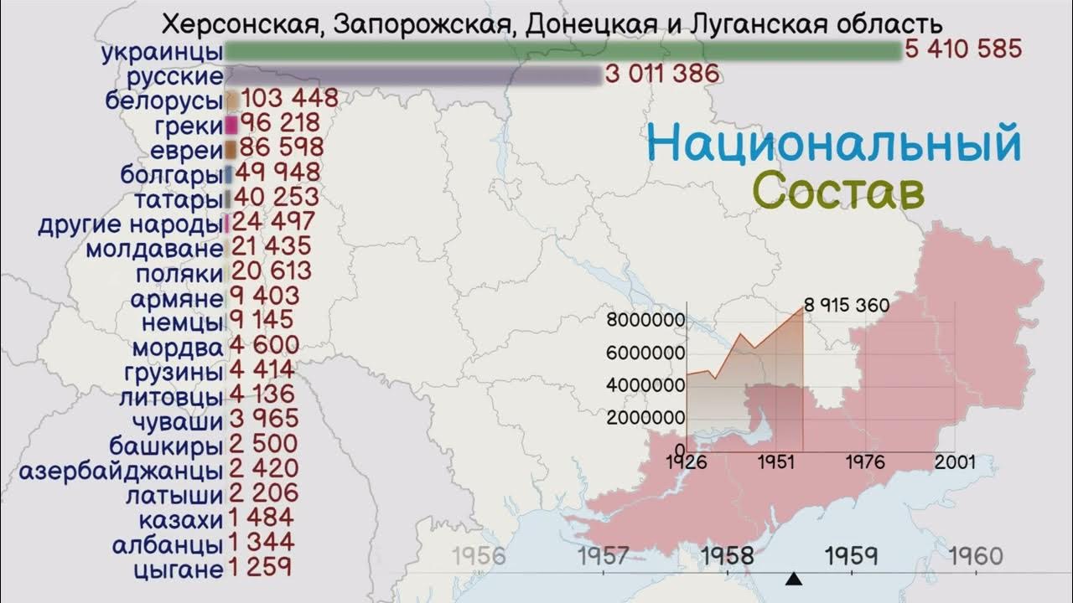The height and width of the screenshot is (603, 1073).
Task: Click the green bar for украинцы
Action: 562,51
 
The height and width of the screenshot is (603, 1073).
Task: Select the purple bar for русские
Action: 413,75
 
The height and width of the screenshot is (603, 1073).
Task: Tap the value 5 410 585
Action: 963,49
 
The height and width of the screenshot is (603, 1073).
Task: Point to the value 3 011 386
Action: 662,75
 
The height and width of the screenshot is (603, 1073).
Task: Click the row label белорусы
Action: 164,100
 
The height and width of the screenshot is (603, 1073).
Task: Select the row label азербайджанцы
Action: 121,470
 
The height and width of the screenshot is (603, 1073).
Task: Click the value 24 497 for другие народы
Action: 273,223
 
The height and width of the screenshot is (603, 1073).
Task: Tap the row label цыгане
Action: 178,570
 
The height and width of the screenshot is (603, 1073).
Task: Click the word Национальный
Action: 834,143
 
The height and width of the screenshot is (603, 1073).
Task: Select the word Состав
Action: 838,191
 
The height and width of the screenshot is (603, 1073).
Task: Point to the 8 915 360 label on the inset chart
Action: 846,305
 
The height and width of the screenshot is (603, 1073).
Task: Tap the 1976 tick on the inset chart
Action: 865,462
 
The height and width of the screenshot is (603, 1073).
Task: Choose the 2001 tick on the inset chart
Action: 955,462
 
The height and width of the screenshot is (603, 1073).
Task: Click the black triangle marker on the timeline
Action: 794,579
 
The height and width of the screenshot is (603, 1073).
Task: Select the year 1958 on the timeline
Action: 728,556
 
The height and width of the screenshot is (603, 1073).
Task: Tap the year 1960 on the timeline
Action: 976,556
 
